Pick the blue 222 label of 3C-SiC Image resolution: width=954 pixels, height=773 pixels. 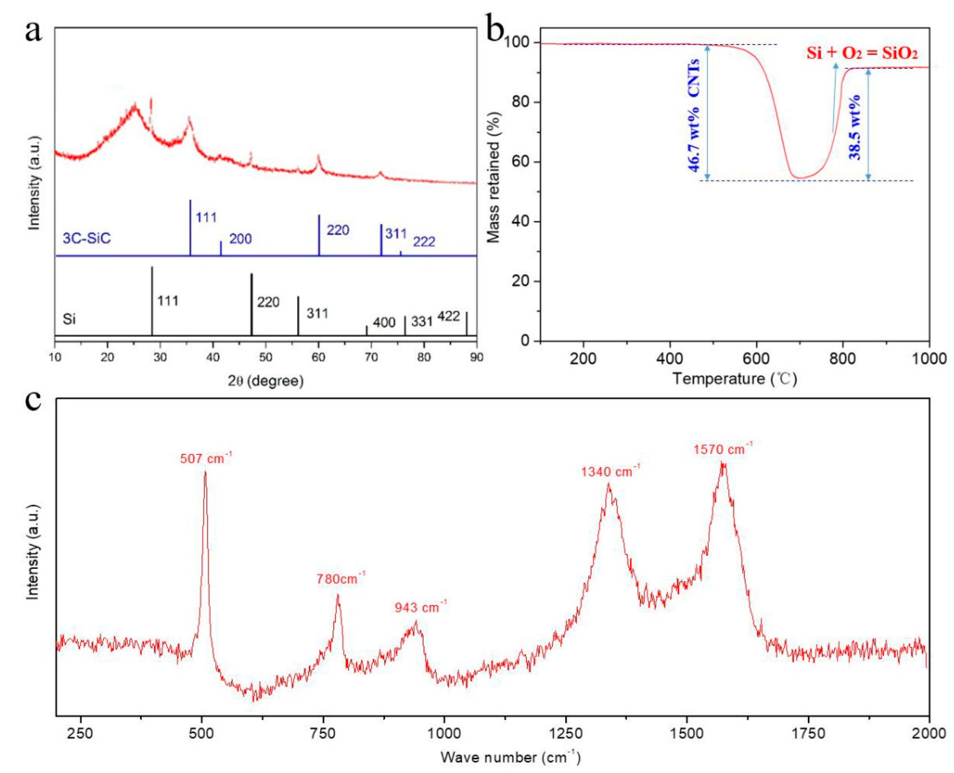424,242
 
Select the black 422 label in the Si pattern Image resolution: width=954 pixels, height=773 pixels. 448,317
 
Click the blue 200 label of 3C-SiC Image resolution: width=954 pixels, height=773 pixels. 240,239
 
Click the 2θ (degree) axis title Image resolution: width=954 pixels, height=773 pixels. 266,381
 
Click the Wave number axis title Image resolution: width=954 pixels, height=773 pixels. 511,757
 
